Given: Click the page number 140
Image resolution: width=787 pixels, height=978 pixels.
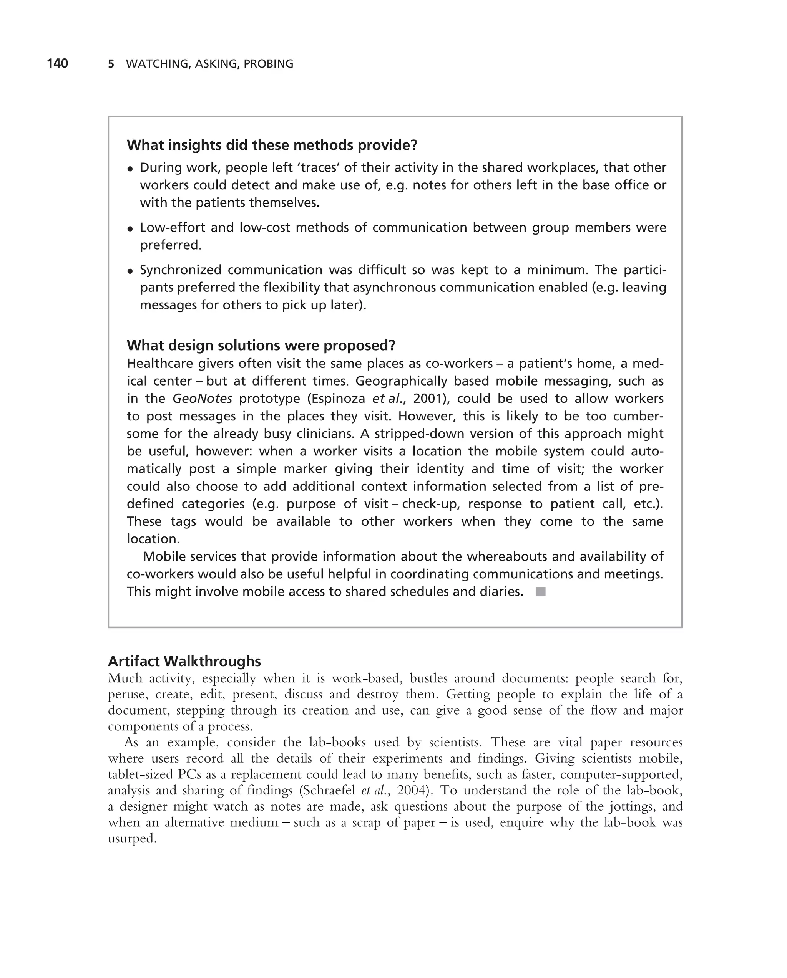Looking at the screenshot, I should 57,63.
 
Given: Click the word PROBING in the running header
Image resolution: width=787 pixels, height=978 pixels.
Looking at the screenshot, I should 268,64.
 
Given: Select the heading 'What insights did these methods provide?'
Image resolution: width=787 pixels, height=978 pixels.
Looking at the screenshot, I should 271,145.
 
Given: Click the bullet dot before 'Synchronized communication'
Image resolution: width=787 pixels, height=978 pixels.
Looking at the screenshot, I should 130,271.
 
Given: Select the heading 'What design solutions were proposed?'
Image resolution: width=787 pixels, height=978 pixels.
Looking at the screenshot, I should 261,346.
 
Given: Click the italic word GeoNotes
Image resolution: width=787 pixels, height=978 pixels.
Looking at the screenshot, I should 203,399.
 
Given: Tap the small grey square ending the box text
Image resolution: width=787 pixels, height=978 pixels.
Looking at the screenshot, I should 541,591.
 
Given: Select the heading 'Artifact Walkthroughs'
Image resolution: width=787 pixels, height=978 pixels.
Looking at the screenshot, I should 184,661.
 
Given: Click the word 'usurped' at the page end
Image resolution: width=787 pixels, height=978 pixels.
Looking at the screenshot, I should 132,839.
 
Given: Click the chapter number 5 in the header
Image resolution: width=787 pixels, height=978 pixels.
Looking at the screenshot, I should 111,64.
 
